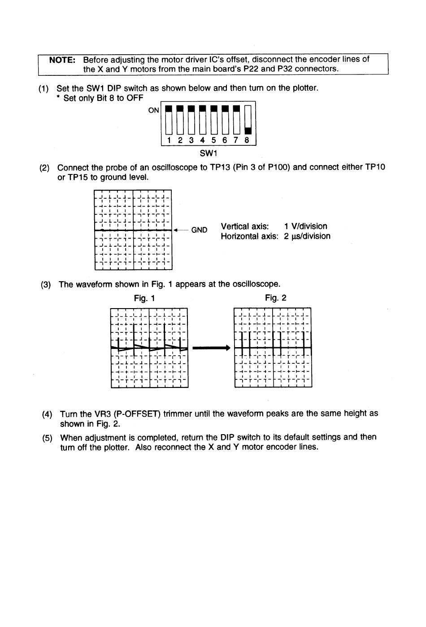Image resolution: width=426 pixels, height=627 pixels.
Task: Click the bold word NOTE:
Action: pyautogui.click(x=62, y=60)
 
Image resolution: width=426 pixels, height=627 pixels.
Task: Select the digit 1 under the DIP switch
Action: pyautogui.click(x=169, y=140)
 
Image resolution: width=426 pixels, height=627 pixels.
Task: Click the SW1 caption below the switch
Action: pyautogui.click(x=209, y=153)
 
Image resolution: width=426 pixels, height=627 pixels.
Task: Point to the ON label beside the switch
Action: pyautogui.click(x=153, y=110)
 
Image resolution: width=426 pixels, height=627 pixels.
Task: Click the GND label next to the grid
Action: pyautogui.click(x=199, y=230)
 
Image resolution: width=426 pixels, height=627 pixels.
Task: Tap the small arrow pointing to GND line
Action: pyautogui.click(x=179, y=230)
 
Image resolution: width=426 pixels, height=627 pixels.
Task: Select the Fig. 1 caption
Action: pyautogui.click(x=144, y=298)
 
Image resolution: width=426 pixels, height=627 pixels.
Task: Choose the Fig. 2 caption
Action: pyautogui.click(x=275, y=298)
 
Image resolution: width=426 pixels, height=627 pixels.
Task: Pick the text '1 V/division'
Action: pyautogui.click(x=305, y=226)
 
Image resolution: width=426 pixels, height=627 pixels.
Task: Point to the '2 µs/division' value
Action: pyautogui.click(x=307, y=236)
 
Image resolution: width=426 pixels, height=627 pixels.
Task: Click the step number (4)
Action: pyautogui.click(x=47, y=414)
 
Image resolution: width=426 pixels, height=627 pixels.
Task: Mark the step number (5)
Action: pyautogui.click(x=47, y=438)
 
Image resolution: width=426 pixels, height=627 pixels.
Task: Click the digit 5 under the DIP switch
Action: pyautogui.click(x=213, y=140)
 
